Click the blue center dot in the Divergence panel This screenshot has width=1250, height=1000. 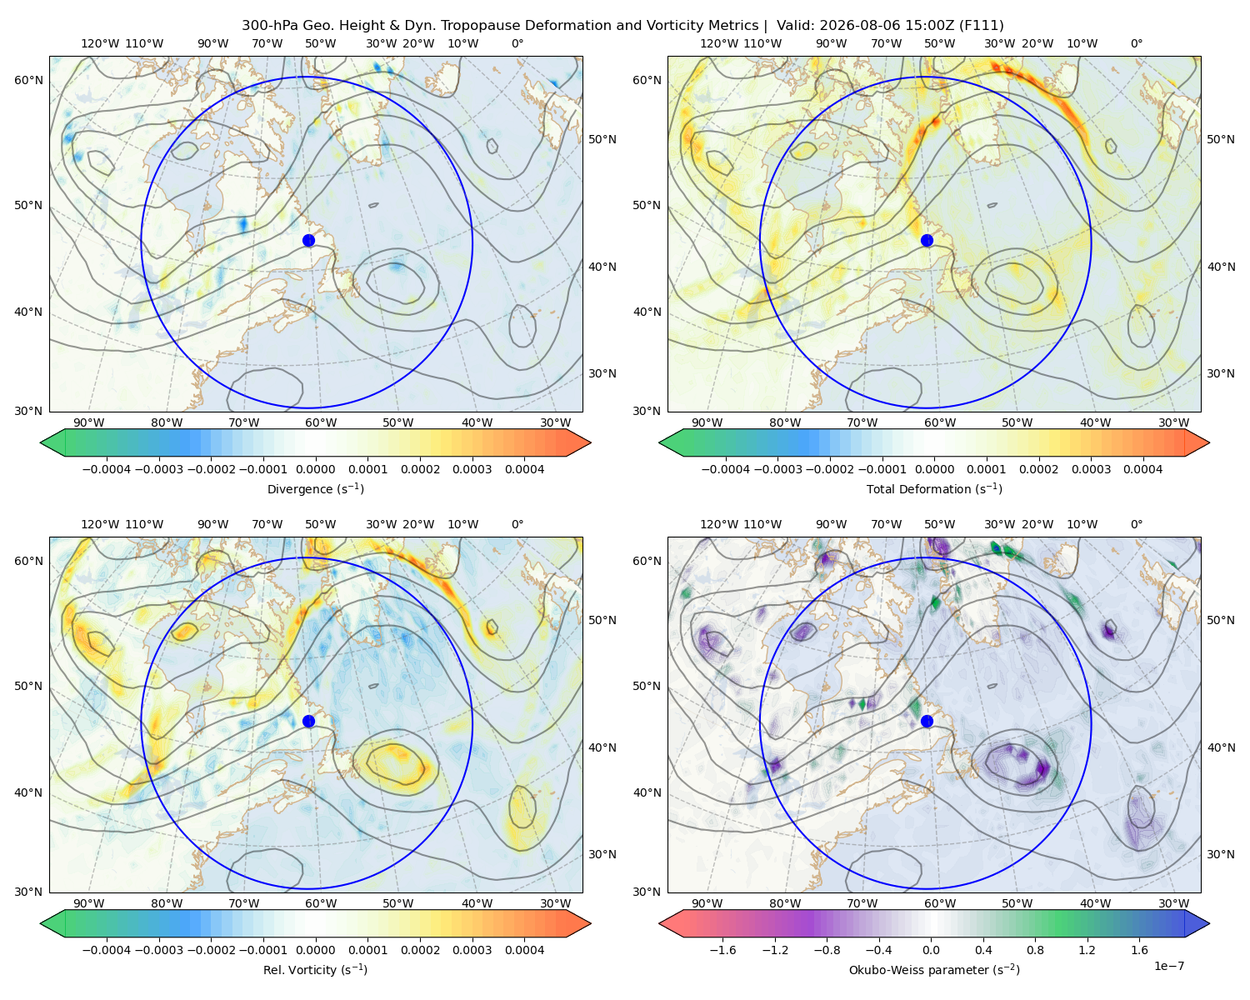coord(308,241)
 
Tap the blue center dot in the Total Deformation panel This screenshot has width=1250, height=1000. coord(927,241)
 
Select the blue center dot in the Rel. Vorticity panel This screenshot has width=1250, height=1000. coord(308,721)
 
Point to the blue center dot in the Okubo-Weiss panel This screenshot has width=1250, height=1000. coord(927,721)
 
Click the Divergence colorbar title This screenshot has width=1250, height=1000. coord(315,489)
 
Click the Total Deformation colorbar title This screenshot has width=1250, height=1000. coord(934,489)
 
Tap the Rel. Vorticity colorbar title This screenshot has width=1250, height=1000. coord(315,970)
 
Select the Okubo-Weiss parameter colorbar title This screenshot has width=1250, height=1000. coord(934,970)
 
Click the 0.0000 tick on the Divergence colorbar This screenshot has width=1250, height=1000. coord(315,469)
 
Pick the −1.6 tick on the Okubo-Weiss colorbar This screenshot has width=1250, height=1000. coord(722,950)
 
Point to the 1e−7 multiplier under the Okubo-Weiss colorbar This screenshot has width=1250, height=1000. coord(1168,966)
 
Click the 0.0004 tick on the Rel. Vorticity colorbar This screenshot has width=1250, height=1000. coord(524,950)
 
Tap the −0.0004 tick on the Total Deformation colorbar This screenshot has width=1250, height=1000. coord(726,469)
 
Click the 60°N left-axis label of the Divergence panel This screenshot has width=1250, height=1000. coord(28,80)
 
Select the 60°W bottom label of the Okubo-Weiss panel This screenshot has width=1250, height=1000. coord(939,903)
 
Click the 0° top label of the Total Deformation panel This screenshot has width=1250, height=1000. coord(1136,43)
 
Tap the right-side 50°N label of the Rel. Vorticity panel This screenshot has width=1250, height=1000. coord(602,620)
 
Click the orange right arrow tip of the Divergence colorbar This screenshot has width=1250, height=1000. coord(590,442)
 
